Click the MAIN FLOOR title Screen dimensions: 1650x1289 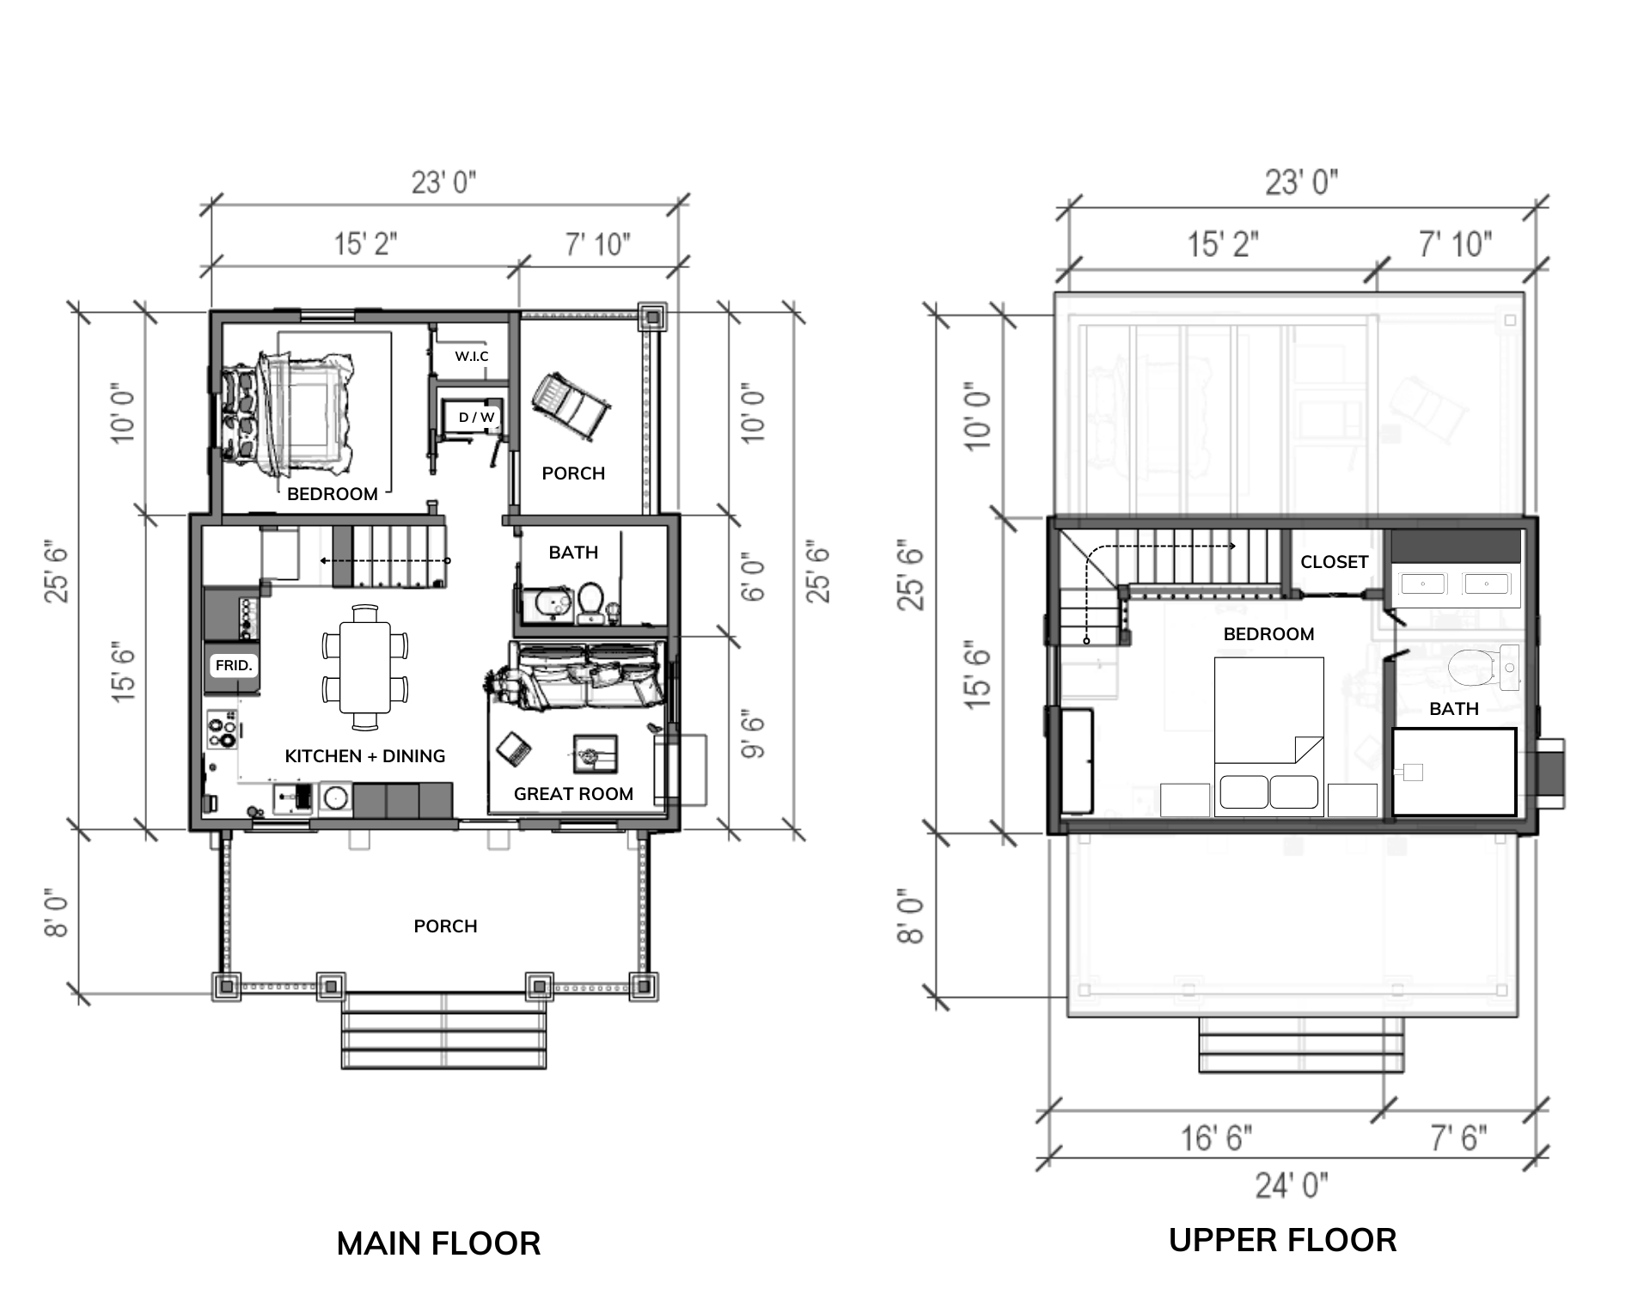(438, 1243)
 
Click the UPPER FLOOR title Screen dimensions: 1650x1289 (1282, 1240)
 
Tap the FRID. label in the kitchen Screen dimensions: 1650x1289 (234, 665)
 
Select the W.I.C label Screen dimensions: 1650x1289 (472, 357)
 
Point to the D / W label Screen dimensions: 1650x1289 (477, 418)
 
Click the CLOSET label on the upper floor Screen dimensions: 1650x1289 (1334, 562)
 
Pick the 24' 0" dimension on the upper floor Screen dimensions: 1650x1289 (1291, 1186)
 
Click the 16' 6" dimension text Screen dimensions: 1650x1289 (1216, 1139)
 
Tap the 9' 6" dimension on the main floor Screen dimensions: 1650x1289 (752, 735)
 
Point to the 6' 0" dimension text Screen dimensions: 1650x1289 (752, 577)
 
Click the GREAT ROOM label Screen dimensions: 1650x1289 (573, 794)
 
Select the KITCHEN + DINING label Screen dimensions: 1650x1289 (365, 756)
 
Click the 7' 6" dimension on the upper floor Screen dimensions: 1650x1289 (1458, 1139)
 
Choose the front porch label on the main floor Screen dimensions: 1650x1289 (445, 926)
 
